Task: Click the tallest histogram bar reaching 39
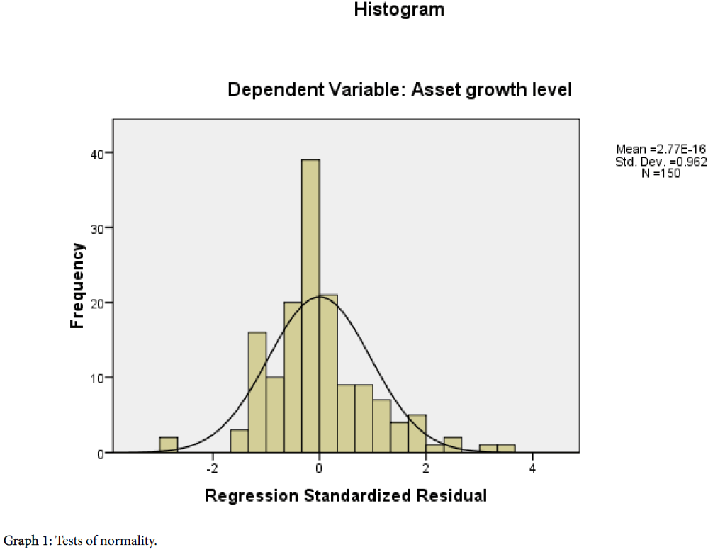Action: click(310, 305)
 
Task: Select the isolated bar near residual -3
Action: click(168, 444)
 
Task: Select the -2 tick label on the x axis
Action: click(211, 468)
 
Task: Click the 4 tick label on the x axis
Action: click(532, 468)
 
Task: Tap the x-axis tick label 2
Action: click(426, 468)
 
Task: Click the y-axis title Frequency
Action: click(77, 286)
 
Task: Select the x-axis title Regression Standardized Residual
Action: click(346, 495)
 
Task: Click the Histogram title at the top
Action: click(399, 10)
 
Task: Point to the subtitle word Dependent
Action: click(269, 91)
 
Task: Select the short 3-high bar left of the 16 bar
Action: click(240, 441)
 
